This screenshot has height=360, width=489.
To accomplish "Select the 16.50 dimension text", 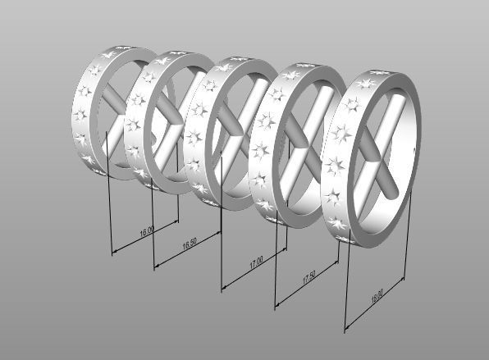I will pos(189,245).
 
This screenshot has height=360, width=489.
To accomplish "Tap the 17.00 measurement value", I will pos(256,264).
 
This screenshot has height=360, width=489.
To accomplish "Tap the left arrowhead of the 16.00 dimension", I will pos(112,252).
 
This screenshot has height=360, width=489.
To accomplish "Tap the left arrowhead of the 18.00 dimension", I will pos(347,331).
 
